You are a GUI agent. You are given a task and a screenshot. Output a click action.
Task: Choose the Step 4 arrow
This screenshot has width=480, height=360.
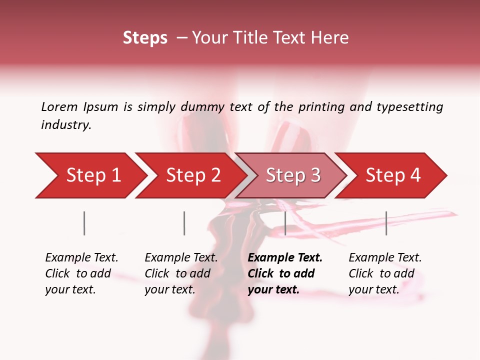tap(393, 175)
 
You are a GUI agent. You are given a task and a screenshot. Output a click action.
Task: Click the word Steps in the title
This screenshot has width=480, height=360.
tap(145, 38)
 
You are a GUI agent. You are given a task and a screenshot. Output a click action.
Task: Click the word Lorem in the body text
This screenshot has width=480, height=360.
tap(59, 106)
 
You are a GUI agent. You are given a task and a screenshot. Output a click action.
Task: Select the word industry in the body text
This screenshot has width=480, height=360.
tap(66, 125)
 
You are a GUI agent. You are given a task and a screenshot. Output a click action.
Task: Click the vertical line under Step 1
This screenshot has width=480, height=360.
tap(84, 223)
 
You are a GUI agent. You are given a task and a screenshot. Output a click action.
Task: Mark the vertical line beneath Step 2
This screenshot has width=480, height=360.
tap(184, 223)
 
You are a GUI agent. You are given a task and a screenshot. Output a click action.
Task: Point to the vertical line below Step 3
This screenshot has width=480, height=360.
tap(285, 223)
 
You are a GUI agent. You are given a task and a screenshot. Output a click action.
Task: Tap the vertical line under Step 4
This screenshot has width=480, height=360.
tap(386, 223)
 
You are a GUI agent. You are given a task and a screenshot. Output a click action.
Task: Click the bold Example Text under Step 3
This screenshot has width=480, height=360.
tap(285, 258)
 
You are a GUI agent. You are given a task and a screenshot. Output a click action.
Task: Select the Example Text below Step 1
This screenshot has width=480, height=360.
tap(81, 258)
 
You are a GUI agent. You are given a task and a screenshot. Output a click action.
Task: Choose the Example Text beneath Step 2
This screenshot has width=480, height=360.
tap(181, 258)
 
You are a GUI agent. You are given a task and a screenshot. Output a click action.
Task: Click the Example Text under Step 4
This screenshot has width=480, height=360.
tap(385, 258)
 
